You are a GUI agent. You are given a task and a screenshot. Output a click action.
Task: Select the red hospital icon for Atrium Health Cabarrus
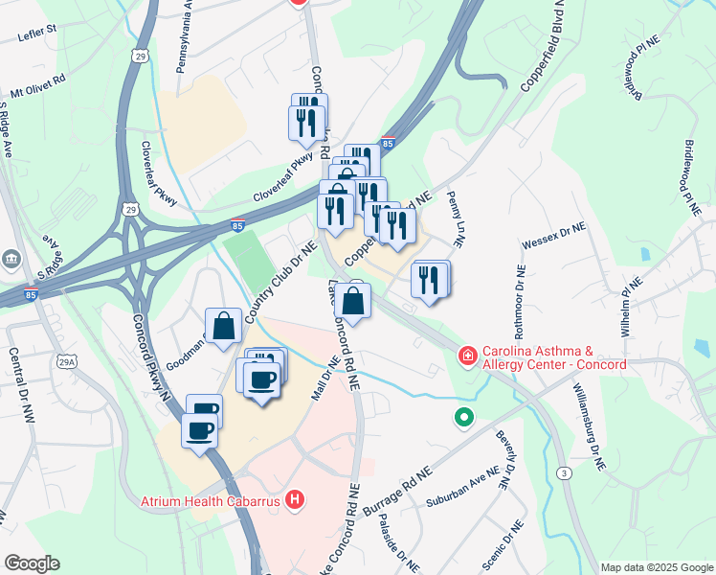pos(296,499)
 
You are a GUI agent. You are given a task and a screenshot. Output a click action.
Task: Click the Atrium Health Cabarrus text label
pos(210,500)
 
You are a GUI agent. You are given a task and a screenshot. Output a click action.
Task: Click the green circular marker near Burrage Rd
pos(464,418)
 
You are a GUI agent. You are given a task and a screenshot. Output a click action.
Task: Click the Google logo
pos(32,563)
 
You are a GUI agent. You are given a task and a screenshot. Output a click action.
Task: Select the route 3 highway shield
pos(566,474)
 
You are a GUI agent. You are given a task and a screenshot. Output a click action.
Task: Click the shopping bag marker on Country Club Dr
pos(223,324)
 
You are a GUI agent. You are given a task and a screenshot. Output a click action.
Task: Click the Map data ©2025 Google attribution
pos(657,566)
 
